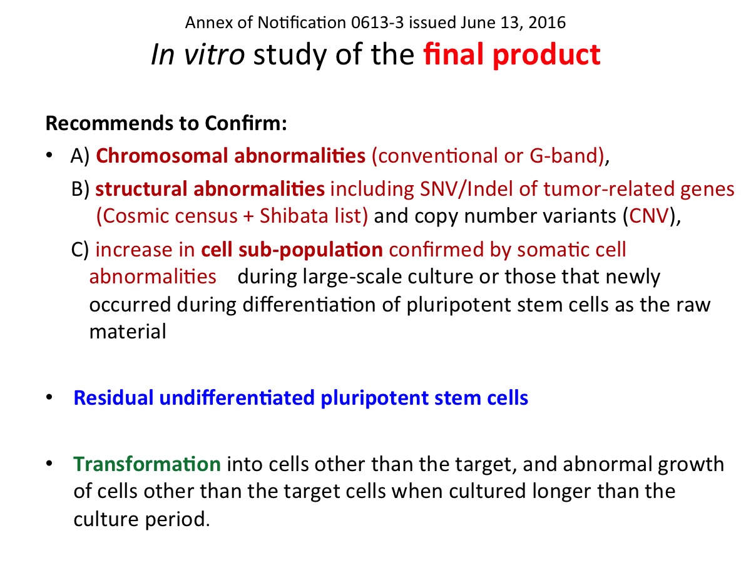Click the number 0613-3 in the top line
point(377,23)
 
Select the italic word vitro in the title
point(214,54)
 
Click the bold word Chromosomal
point(162,156)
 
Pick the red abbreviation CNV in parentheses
point(649,216)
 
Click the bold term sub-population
point(310,250)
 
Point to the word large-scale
point(352,277)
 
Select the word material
point(128,332)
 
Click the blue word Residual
point(114,398)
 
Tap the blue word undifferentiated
point(237,398)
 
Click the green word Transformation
point(147,464)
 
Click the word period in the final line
point(177,520)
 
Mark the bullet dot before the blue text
point(49,397)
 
